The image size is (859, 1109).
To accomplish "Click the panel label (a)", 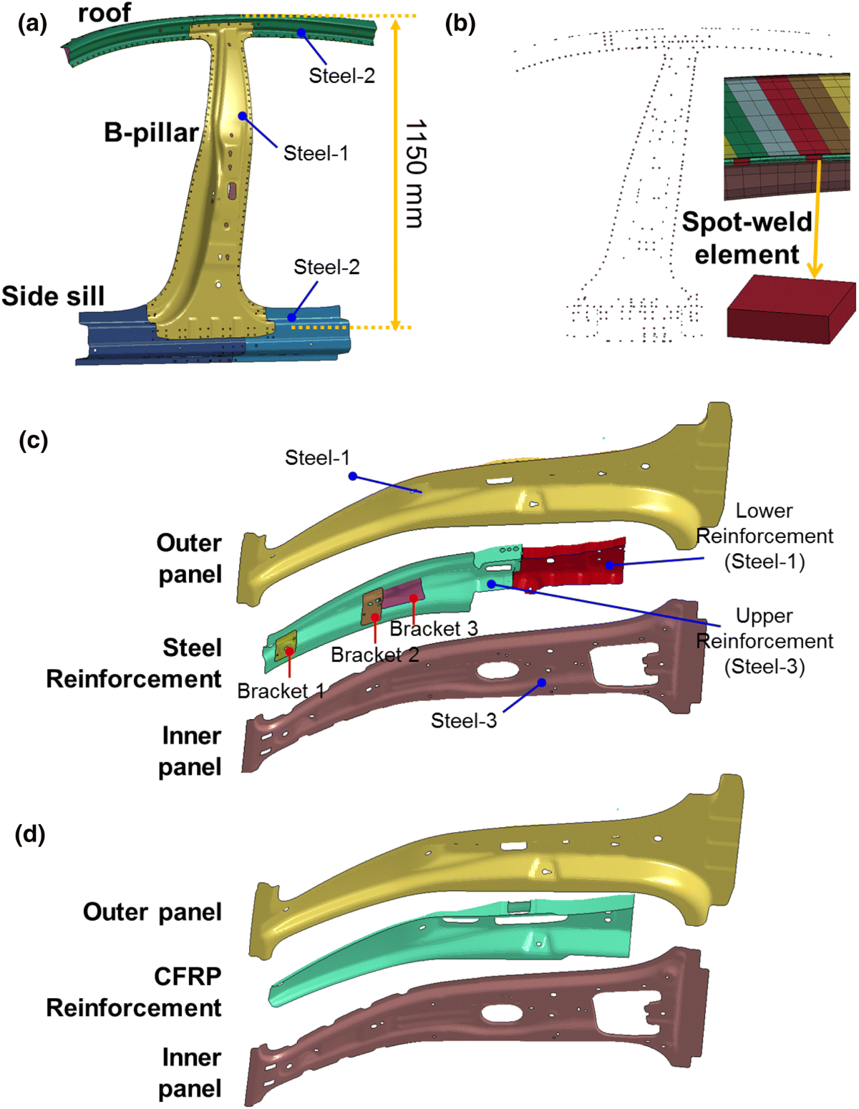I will tap(32, 24).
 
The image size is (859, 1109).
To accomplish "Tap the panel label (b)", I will tap(460, 24).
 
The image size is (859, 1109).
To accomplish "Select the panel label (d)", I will tap(30, 834).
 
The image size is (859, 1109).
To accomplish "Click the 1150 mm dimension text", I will tap(415, 174).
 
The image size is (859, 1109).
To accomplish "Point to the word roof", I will tap(105, 12).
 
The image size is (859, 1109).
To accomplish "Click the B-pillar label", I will tap(151, 133).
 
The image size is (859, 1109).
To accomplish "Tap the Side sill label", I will tap(53, 295).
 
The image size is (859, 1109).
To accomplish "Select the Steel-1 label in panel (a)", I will tap(316, 153).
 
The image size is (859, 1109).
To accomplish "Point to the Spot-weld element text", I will tap(747, 238).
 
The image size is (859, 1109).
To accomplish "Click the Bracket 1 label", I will tap(281, 691).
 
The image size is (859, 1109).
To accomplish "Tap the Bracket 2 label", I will tap(375, 655).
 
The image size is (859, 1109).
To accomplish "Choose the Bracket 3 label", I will tap(434, 629).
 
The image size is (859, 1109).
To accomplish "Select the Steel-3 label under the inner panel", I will tap(463, 720).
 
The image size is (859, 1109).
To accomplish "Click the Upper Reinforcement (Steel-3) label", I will tap(765, 641).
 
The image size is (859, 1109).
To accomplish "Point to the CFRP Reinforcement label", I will tap(134, 992).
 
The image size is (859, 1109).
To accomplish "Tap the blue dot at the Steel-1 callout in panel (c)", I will tap(352, 476).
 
